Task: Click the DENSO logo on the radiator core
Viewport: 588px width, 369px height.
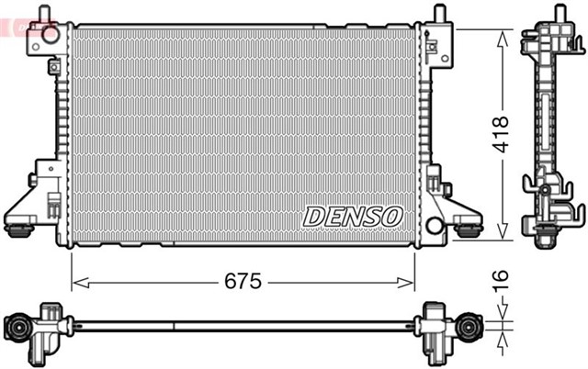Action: [353, 217]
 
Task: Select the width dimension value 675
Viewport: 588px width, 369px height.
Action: [243, 281]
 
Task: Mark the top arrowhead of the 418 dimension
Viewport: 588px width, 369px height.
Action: [502, 36]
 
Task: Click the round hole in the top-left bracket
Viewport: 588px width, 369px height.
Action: [51, 36]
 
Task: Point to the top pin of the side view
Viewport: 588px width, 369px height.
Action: [557, 14]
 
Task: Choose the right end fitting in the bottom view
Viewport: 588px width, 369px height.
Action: [471, 326]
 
